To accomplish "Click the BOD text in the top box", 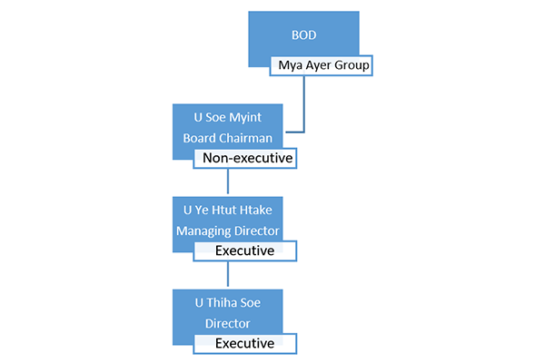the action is pos(303,35).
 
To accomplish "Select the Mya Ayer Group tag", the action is pos(322,65).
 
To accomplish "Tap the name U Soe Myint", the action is pos(228,117).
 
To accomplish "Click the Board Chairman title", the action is pos(228,138).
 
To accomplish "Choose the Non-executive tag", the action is pos(245,159).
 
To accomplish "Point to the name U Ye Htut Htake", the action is pos(228,211).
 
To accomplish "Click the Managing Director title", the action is pos(228,231).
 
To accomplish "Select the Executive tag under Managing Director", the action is pos(245,250).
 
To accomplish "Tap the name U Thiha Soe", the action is pos(228,303).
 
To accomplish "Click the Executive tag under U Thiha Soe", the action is pos(245,344).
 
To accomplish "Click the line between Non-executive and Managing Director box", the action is pos(228,181).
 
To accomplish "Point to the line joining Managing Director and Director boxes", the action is pos(228,274).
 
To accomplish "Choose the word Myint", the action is pos(245,118).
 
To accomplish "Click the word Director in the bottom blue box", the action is pos(228,324).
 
